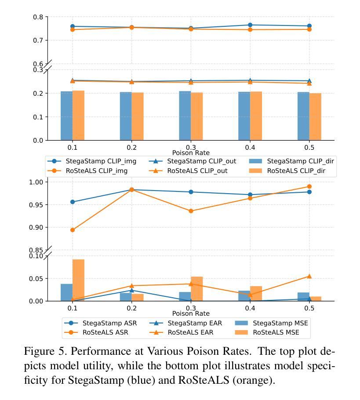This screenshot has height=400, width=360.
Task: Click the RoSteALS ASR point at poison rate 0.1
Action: coord(73,230)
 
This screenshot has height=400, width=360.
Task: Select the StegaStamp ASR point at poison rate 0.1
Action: coord(73,202)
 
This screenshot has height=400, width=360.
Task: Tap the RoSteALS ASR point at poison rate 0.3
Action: coord(191,211)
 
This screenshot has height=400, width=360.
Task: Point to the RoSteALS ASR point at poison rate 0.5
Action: coord(309,187)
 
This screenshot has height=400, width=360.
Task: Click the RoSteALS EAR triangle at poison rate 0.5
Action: coord(309,276)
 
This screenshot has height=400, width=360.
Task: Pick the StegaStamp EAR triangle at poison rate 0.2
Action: coord(132,290)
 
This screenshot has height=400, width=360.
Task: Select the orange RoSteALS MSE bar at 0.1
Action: coord(78,281)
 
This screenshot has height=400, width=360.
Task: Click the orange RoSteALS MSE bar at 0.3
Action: coord(197,289)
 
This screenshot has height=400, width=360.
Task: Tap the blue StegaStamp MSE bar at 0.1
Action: coord(67,292)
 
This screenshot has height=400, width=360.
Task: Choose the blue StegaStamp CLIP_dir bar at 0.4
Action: coord(244,116)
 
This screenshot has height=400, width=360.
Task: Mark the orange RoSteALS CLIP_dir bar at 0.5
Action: coord(315,117)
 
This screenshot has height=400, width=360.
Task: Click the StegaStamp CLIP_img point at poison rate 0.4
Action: coord(250,25)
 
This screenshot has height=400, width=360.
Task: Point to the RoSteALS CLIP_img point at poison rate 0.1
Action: coord(73,29)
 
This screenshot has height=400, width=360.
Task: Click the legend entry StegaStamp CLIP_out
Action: coord(193,161)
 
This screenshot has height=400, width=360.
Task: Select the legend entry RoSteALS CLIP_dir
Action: coord(287,171)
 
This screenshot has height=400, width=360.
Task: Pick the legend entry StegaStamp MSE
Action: coord(271,323)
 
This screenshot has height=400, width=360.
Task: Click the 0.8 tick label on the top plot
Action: coord(38,17)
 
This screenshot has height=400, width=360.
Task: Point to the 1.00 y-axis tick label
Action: coord(36,182)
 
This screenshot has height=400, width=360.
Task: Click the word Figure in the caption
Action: coord(39,352)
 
